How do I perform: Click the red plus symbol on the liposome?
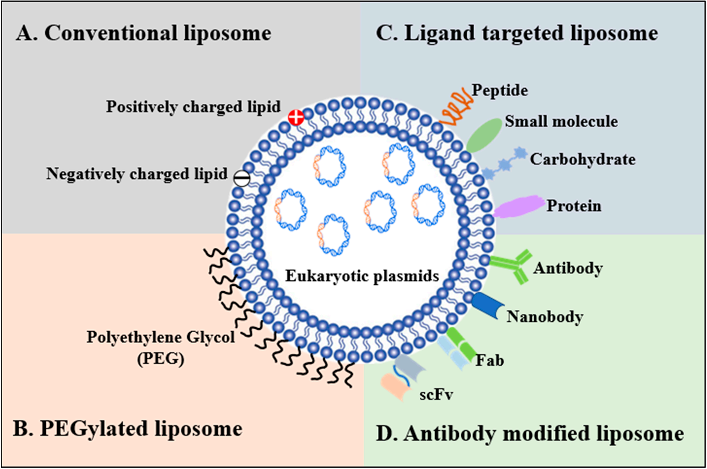click(296, 117)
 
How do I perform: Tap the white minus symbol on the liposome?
click(241, 178)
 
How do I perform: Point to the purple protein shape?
click(518, 206)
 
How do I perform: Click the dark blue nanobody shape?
click(487, 305)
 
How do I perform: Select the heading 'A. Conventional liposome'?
click(144, 33)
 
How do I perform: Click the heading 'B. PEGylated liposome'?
click(128, 429)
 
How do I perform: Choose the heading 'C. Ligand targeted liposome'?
click(517, 33)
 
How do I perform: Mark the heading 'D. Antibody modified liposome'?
click(530, 433)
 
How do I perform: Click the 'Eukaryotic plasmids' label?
click(362, 275)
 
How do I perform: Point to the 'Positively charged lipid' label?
click(193, 107)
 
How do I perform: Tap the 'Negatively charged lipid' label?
click(137, 174)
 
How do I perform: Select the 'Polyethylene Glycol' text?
click(161, 337)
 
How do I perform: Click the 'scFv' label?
click(436, 394)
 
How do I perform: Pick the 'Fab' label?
click(489, 360)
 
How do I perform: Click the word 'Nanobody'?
click(545, 316)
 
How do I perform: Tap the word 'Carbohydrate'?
click(583, 159)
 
